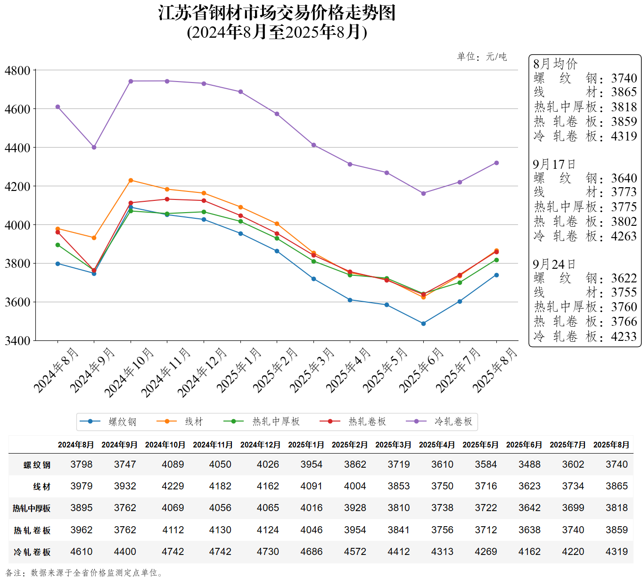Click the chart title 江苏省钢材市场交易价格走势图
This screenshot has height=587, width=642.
(277, 13)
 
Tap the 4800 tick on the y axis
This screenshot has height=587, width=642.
(17, 71)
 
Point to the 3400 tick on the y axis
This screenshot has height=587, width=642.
(17, 340)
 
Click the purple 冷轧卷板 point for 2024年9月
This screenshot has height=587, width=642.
(94, 147)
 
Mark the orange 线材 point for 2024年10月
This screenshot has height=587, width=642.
(131, 180)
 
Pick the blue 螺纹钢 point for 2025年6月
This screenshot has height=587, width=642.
(423, 323)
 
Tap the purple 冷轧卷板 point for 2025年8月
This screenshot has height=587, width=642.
(496, 163)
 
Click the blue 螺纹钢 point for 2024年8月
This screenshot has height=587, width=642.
(58, 264)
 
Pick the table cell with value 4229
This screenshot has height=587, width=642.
(173, 486)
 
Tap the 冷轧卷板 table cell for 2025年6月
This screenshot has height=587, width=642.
(529, 552)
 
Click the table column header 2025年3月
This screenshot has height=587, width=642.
(393, 445)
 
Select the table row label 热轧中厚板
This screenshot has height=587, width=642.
(32, 508)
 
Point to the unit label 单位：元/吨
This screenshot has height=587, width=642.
(482, 57)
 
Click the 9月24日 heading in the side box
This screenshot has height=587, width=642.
(554, 265)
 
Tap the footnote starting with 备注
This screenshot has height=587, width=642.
(85, 573)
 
